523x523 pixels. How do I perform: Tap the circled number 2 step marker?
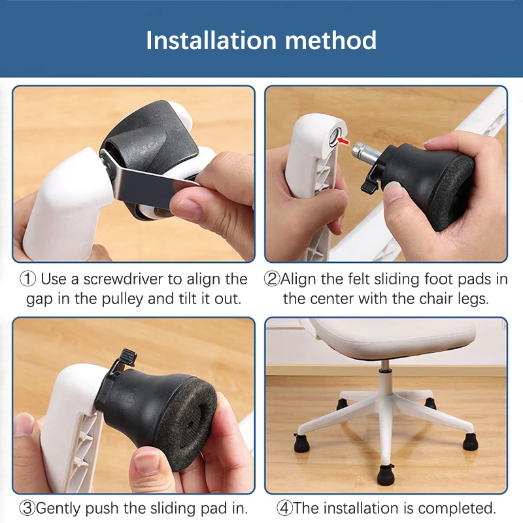pyautogui.click(x=272, y=280)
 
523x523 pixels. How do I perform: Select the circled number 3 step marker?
pyautogui.click(x=27, y=507)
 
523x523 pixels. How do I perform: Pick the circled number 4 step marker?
pyautogui.click(x=284, y=507)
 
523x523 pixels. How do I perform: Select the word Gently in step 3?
pyautogui.click(x=59, y=507)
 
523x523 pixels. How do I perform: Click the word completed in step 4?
pyautogui.click(x=461, y=507)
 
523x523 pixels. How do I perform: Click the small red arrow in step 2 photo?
pyautogui.click(x=345, y=140)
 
